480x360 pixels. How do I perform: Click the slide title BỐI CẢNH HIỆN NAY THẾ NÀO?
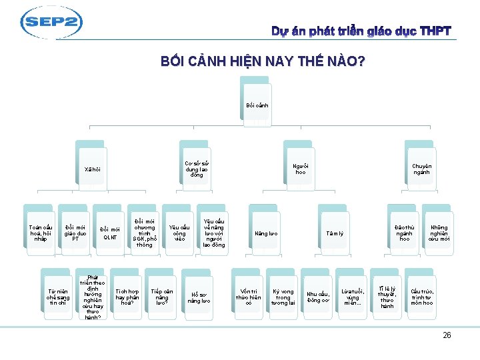click(263, 62)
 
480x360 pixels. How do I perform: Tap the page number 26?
click(447, 335)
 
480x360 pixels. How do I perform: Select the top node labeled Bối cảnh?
click(257, 105)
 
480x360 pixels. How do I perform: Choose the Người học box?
click(301, 169)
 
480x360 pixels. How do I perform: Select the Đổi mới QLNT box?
click(110, 232)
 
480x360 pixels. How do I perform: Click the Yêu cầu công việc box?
click(179, 231)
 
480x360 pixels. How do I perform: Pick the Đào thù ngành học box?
click(404, 231)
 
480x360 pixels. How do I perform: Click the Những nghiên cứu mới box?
click(439, 231)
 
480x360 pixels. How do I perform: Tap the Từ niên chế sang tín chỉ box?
click(57, 297)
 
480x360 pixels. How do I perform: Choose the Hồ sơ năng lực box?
click(199, 297)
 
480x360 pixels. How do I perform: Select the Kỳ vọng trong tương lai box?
click(283, 297)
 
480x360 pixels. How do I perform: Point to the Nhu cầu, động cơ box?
click(317, 297)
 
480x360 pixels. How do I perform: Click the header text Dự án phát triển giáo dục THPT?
click(361, 31)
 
